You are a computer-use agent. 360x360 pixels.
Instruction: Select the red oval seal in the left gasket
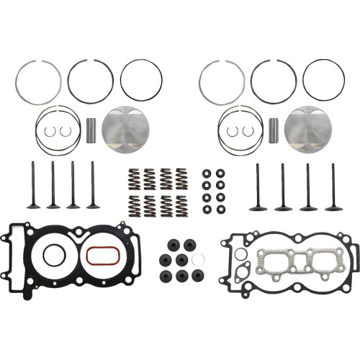tap(99, 255)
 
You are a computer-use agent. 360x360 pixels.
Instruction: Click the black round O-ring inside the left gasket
tap(53, 255)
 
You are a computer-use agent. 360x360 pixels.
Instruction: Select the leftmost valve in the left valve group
tap(33, 185)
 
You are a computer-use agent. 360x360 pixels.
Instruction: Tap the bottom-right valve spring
tap(181, 206)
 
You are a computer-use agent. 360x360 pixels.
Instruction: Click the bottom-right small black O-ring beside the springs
tap(220, 210)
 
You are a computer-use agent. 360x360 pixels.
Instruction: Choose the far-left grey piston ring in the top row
tap(37, 81)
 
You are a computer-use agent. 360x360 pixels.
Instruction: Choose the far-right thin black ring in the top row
tap(323, 80)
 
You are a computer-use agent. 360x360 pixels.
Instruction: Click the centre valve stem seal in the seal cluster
tap(181, 259)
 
